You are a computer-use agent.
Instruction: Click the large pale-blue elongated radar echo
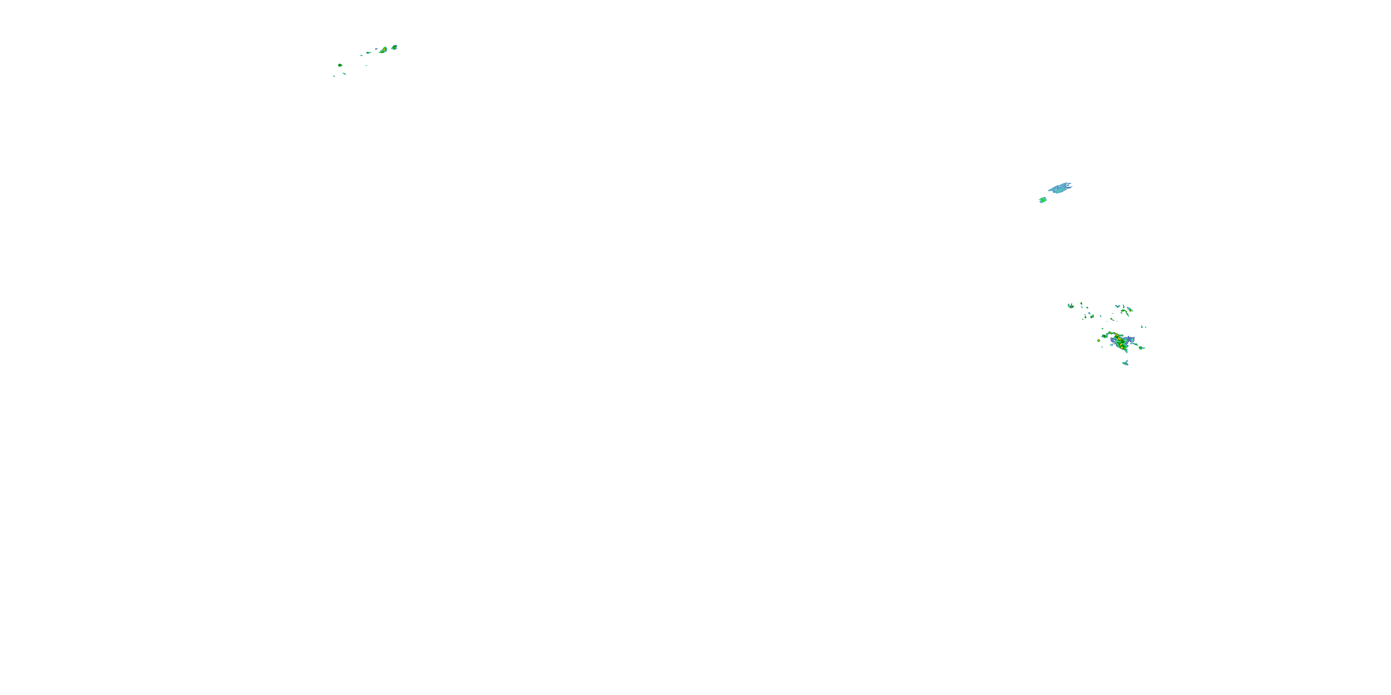coord(1060,188)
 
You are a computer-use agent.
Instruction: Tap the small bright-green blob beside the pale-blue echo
coord(1043,200)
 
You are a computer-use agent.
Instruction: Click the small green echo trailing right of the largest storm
coord(1141,348)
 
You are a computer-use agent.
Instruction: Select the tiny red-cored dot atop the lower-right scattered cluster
coord(1082,304)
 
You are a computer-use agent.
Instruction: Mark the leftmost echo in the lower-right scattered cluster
coord(1071,306)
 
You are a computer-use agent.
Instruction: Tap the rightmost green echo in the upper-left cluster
coord(394,47)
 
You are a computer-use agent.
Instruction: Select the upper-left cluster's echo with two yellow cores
coord(383,50)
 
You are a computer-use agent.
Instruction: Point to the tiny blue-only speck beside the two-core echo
coord(376,49)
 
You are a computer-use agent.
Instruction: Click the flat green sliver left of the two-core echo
coord(368,53)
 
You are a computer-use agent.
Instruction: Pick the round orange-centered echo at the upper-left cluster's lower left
coord(340,65)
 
